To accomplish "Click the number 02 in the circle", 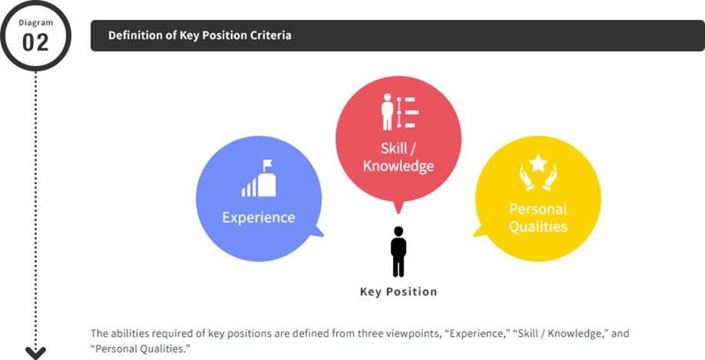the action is (35, 42).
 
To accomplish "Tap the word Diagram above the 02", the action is (35, 22).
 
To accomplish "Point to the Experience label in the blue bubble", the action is (259, 217).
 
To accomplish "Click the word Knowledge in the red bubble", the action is (399, 166).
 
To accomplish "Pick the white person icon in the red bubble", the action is (386, 112).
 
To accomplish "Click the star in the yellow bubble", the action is (538, 163).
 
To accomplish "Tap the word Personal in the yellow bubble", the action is (538, 209).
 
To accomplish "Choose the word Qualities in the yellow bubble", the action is (538, 226).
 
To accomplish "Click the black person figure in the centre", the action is (399, 252).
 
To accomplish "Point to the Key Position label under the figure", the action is (399, 292).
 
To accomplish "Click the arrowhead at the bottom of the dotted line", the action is (35, 353).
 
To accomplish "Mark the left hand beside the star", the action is (525, 178).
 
